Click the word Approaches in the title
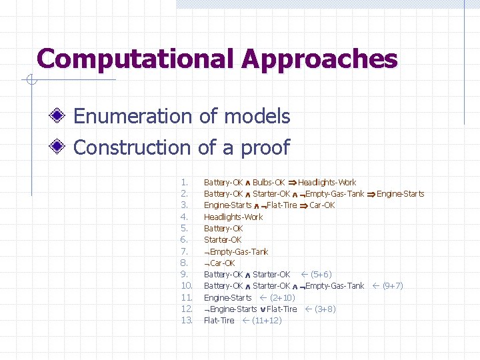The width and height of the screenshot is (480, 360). pyautogui.click(x=319, y=59)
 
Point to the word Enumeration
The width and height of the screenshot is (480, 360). pyautogui.click(x=133, y=117)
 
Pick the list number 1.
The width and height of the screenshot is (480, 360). pyautogui.click(x=185, y=182)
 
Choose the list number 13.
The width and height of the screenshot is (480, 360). pyautogui.click(x=187, y=320)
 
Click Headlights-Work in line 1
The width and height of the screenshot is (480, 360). pyautogui.click(x=327, y=182)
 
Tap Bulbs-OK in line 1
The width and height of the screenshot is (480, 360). pyautogui.click(x=269, y=182)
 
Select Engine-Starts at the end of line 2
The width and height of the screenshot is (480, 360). pyautogui.click(x=400, y=194)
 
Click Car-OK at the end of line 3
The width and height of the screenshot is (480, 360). pyautogui.click(x=322, y=205)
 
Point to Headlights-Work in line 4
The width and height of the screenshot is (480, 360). pyautogui.click(x=233, y=217)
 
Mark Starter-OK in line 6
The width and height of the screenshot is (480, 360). pyautogui.click(x=223, y=239)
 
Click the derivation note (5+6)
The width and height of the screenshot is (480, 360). pyautogui.click(x=321, y=274)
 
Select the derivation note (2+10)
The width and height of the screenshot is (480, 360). pyautogui.click(x=283, y=297)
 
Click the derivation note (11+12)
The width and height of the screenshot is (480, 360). pyautogui.click(x=266, y=320)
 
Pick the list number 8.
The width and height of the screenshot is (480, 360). pyautogui.click(x=185, y=263)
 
